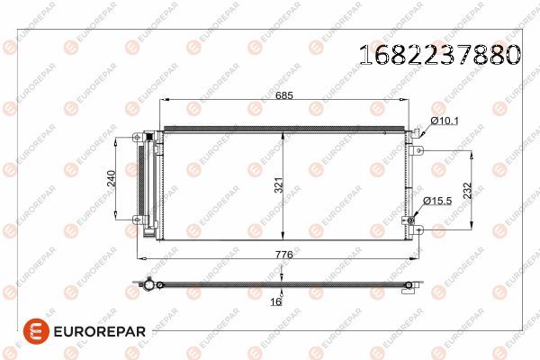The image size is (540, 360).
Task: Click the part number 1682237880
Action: pyautogui.click(x=440, y=54)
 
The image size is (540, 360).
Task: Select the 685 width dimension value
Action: pyautogui.click(x=284, y=95)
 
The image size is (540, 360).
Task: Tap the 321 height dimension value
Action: pyautogui.click(x=279, y=185)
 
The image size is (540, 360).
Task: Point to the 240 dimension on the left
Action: pyautogui.click(x=112, y=178)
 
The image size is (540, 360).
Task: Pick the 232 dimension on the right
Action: pyautogui.click(x=467, y=191)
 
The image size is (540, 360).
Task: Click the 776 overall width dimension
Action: pyautogui.click(x=284, y=255)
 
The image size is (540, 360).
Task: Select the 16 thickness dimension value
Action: pyautogui.click(x=276, y=301)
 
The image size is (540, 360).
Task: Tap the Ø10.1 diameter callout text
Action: pyautogui.click(x=445, y=121)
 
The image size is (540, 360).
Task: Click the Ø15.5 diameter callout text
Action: pyautogui.click(x=437, y=201)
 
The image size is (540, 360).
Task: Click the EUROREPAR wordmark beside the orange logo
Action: pyautogui.click(x=100, y=332)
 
